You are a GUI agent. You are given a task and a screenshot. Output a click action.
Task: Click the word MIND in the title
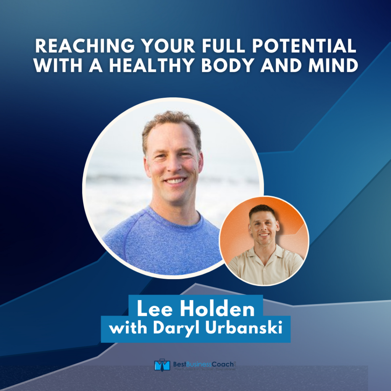[x=337, y=66]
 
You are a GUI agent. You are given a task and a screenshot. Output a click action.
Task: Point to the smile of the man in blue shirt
[x=175, y=181]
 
